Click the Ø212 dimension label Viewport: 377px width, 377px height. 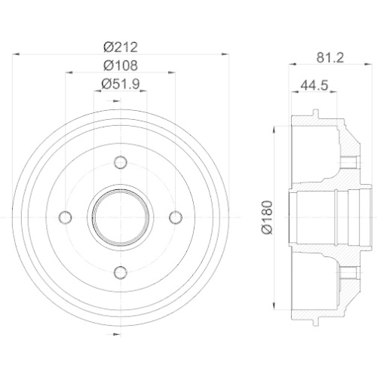tap(120, 45)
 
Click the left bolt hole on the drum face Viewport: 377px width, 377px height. tap(65, 217)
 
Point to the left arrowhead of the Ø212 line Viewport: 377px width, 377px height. tap(17, 54)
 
